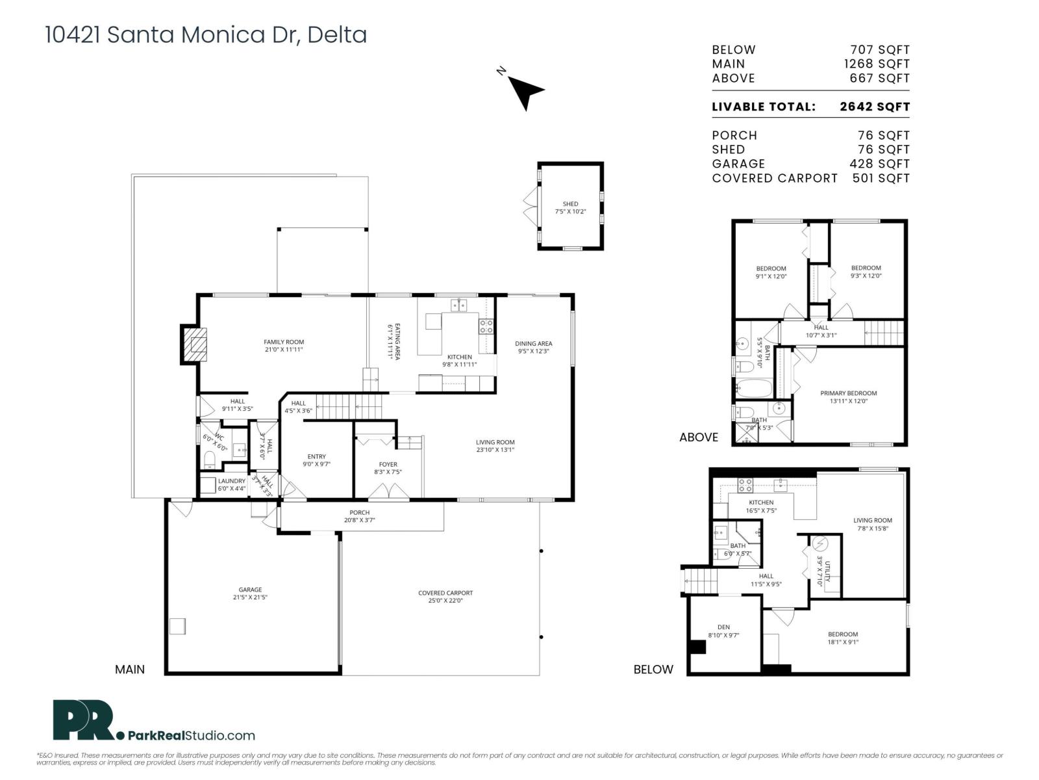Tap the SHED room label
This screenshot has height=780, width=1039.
tap(570, 204)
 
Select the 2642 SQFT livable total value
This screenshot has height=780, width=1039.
tap(874, 107)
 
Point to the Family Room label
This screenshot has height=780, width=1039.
tap(284, 342)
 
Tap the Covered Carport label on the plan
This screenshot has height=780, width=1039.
tap(445, 593)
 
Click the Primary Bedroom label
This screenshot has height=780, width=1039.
tap(848, 393)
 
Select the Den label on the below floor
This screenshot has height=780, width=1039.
tap(723, 627)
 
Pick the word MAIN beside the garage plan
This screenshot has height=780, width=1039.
tap(130, 669)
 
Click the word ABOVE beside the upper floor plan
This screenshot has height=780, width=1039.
tap(699, 437)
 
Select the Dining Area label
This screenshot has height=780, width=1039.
tap(533, 344)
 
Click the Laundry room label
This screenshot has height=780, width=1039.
tap(232, 481)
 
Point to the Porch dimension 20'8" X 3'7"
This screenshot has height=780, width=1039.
tap(359, 520)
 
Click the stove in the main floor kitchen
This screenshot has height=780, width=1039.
tap(486, 326)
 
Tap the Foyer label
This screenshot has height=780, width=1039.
tap(388, 464)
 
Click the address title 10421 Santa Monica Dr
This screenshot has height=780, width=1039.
tap(205, 34)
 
